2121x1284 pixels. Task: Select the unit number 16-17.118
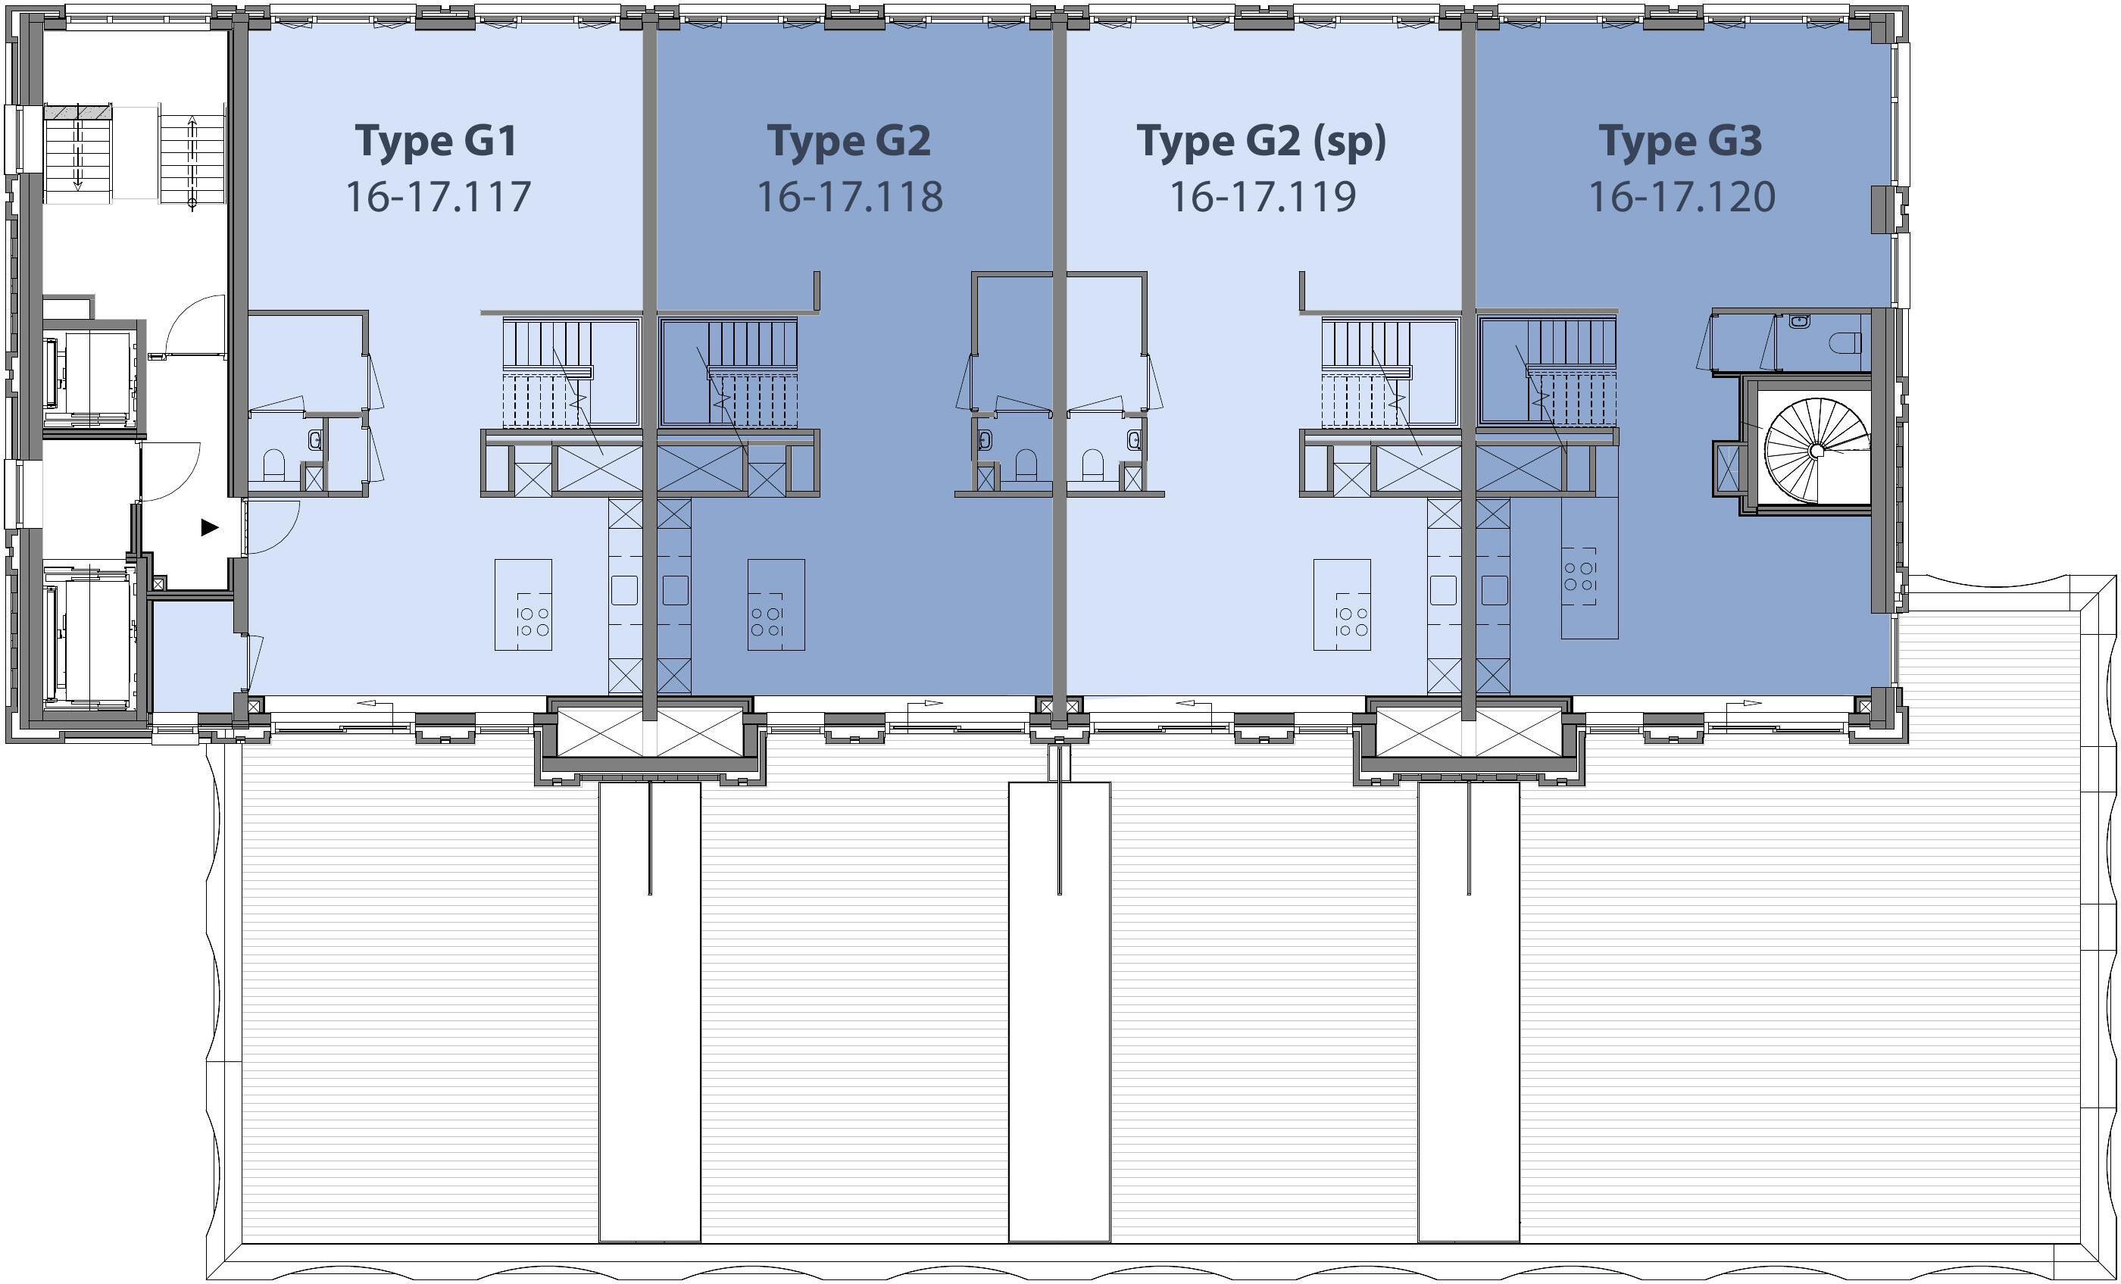click(x=850, y=197)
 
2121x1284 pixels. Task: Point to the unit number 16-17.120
click(x=1681, y=197)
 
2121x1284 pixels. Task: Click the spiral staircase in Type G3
click(x=1816, y=449)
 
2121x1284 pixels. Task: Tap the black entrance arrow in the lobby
click(x=210, y=527)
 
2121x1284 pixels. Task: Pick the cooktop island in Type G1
click(x=523, y=605)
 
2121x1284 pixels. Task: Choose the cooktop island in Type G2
click(x=776, y=605)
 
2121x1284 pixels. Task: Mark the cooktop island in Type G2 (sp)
click(x=1342, y=605)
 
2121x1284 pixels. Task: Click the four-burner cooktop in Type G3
click(x=1579, y=576)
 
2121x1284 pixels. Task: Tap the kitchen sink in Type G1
click(x=624, y=590)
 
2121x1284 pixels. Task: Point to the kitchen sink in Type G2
click(x=676, y=590)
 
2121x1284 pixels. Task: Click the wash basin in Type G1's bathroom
click(x=316, y=441)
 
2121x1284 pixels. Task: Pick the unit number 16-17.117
click(x=438, y=197)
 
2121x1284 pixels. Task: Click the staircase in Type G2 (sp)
click(x=1389, y=373)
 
